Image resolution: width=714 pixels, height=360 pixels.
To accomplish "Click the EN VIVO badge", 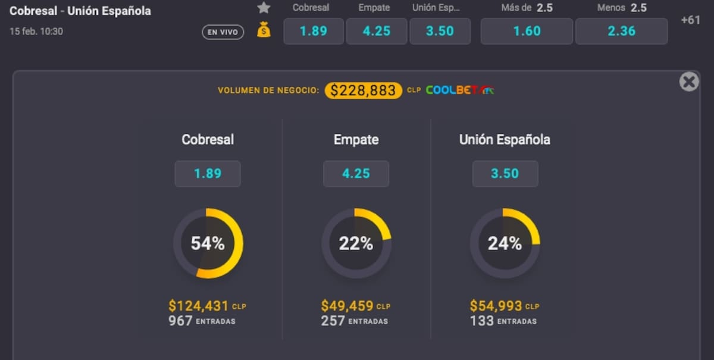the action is [x=223, y=32].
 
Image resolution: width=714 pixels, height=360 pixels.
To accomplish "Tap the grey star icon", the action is [x=264, y=8].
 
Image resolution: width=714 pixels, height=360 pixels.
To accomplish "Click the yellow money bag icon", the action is [x=264, y=30].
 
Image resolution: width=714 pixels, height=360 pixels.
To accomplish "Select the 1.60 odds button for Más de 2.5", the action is [x=527, y=32].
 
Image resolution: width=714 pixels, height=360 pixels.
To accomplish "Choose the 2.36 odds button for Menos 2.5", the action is [x=622, y=32].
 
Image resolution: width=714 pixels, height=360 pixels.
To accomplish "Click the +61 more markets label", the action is [x=690, y=20].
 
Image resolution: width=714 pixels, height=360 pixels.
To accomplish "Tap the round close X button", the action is [x=689, y=82].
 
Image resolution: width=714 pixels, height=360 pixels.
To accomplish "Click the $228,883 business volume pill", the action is [x=363, y=90].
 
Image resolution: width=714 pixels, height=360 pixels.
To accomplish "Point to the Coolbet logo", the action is [x=460, y=90].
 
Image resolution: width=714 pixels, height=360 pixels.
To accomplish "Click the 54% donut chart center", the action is [x=208, y=243].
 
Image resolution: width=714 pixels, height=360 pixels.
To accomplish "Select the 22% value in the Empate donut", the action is [x=356, y=243].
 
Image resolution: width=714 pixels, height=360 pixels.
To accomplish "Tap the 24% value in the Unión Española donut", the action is [x=505, y=243].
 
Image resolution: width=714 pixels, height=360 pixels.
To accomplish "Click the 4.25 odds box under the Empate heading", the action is [x=356, y=174].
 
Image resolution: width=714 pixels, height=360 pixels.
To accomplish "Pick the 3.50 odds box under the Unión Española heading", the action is [x=505, y=174].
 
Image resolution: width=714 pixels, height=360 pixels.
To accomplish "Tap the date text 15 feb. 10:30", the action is [x=36, y=32].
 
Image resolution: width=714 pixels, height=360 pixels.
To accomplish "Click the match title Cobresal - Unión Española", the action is [x=80, y=11].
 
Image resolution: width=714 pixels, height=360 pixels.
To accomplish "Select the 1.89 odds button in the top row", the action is [x=314, y=32].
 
